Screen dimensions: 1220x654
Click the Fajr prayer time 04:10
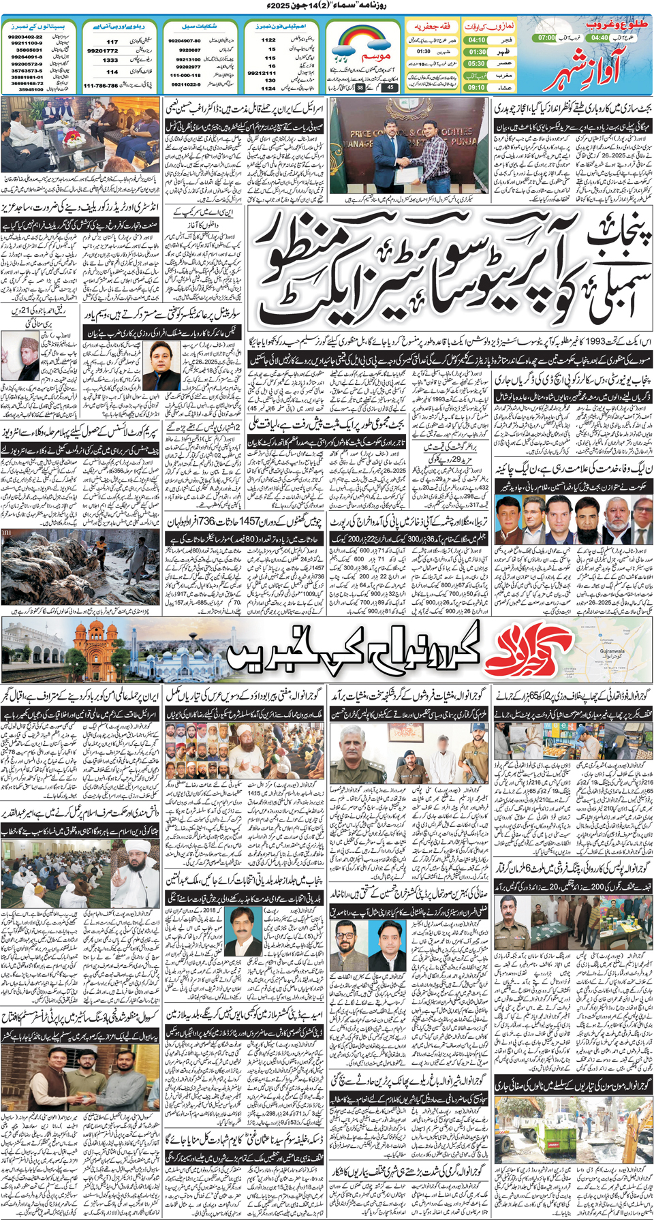coord(477,40)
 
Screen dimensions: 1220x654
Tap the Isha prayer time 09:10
coord(477,87)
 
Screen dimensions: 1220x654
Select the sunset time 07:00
coord(546,38)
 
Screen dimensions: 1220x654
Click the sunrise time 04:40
coord(600,38)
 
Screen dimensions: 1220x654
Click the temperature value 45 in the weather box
coord(389,87)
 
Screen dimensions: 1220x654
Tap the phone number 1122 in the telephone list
coord(268,40)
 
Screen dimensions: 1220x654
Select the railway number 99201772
coord(103,50)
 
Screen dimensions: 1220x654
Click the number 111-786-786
coord(100,86)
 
